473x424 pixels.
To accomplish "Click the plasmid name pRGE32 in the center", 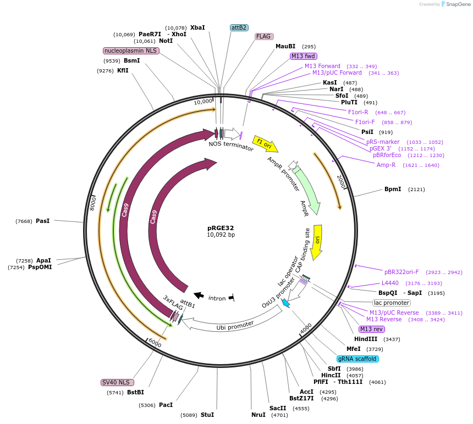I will [221, 227].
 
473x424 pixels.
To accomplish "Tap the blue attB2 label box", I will [239, 27].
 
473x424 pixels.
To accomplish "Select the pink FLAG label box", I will [263, 36].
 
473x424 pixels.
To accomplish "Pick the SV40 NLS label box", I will [117, 382].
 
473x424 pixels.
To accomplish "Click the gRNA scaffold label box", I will [358, 359].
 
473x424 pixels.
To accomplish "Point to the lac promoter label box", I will [392, 303].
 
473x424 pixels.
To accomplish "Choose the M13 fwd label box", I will [303, 56].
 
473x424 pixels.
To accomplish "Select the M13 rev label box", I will [371, 329].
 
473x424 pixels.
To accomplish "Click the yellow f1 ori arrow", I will [266, 144].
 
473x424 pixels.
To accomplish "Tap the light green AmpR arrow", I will [306, 190].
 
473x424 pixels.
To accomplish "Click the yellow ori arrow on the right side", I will [316, 242].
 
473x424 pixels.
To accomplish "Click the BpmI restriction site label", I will [393, 189].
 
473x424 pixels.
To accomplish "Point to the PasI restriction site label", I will [42, 221].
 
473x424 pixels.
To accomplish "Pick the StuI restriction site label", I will [207, 415].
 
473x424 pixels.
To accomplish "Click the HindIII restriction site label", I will [365, 339].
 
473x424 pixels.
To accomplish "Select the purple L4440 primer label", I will [390, 283].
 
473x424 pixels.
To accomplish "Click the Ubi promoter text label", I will [235, 326].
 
